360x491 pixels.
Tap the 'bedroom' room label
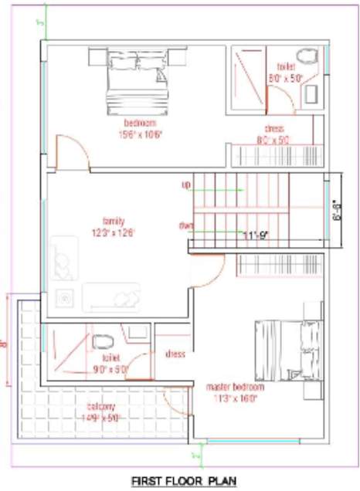(x=140, y=124)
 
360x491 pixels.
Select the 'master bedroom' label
(x=235, y=386)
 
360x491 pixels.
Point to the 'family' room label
(x=114, y=220)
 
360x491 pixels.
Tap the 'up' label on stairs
(x=186, y=185)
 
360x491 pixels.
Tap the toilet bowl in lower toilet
(x=103, y=342)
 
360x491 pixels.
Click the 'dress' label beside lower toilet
(x=175, y=354)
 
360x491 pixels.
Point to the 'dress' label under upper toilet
(x=274, y=129)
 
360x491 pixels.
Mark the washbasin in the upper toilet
(x=313, y=93)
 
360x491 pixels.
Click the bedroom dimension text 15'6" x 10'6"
(x=140, y=134)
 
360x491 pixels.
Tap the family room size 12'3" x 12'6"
(x=114, y=231)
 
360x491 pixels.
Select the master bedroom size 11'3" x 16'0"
(x=235, y=398)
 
